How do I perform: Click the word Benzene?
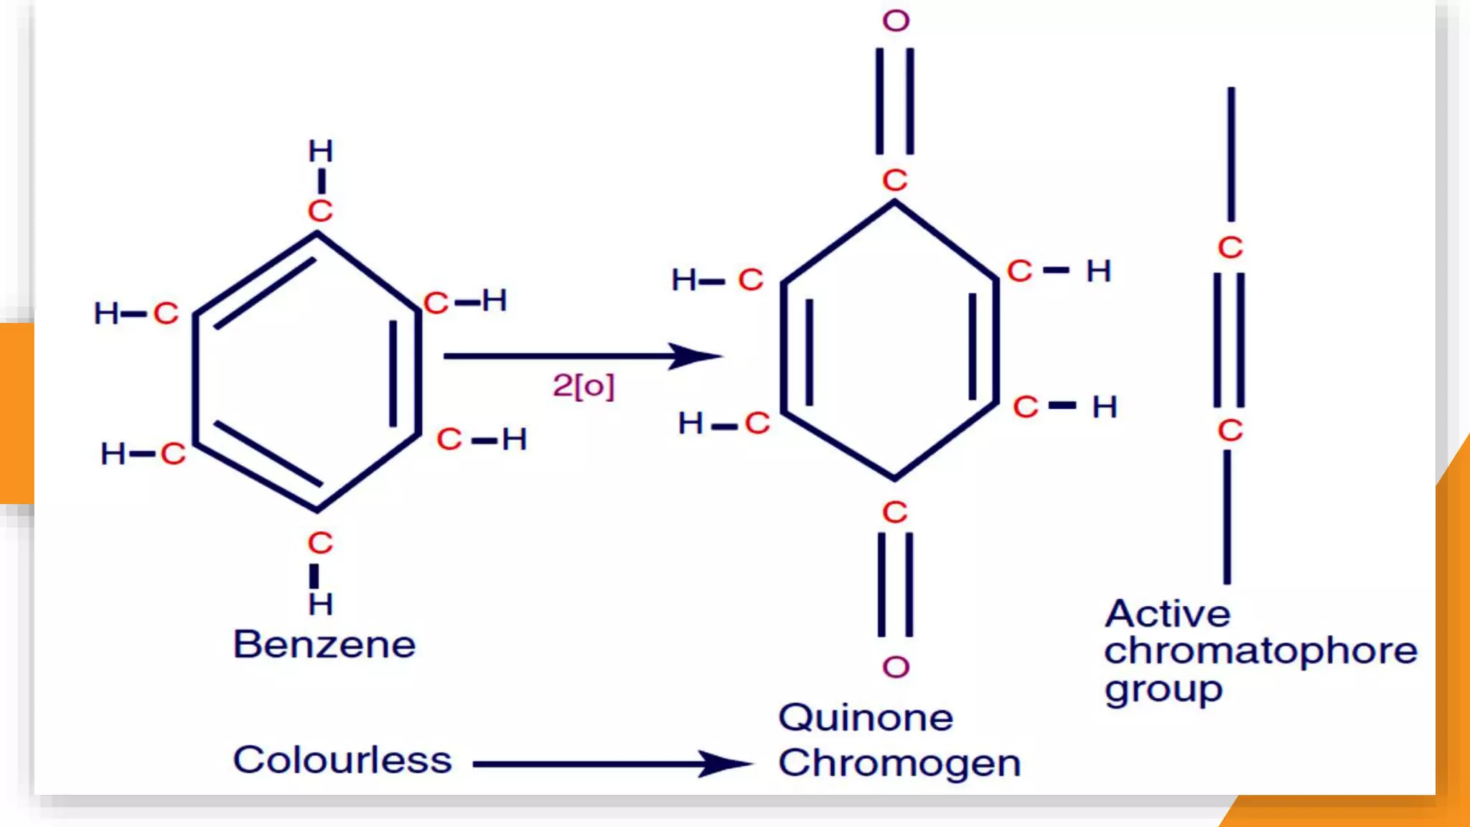click(324, 644)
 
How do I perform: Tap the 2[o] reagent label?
click(584, 386)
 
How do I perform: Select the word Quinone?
click(866, 718)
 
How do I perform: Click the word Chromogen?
click(899, 763)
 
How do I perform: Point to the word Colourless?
click(342, 760)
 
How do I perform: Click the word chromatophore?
click(1260, 652)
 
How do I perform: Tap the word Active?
click(1168, 614)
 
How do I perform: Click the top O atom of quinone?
click(896, 21)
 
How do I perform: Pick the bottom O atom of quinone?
click(896, 668)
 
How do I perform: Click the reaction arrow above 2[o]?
click(581, 355)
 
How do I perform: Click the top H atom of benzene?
click(321, 151)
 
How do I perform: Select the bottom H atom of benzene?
click(321, 604)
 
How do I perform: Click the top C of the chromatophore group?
click(1230, 248)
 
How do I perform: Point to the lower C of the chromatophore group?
click(1230, 431)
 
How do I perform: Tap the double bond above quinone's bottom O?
click(895, 584)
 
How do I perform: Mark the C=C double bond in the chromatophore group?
click(1230, 339)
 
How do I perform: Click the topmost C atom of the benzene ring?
click(320, 211)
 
